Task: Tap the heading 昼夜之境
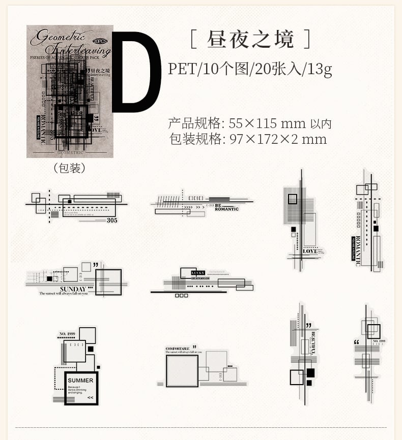coord(250,39)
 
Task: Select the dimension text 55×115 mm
coord(267,123)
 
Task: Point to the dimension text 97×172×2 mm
coord(278,139)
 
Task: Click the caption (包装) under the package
coord(69,168)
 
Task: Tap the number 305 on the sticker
coord(112,220)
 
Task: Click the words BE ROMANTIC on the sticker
coord(226,207)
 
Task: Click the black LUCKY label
coord(197,273)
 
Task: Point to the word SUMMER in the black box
coord(80,380)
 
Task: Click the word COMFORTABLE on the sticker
coord(178,349)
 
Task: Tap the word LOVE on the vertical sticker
coord(310,251)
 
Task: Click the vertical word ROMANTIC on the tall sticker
coord(357,251)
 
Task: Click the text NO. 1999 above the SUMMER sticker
coord(68,334)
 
